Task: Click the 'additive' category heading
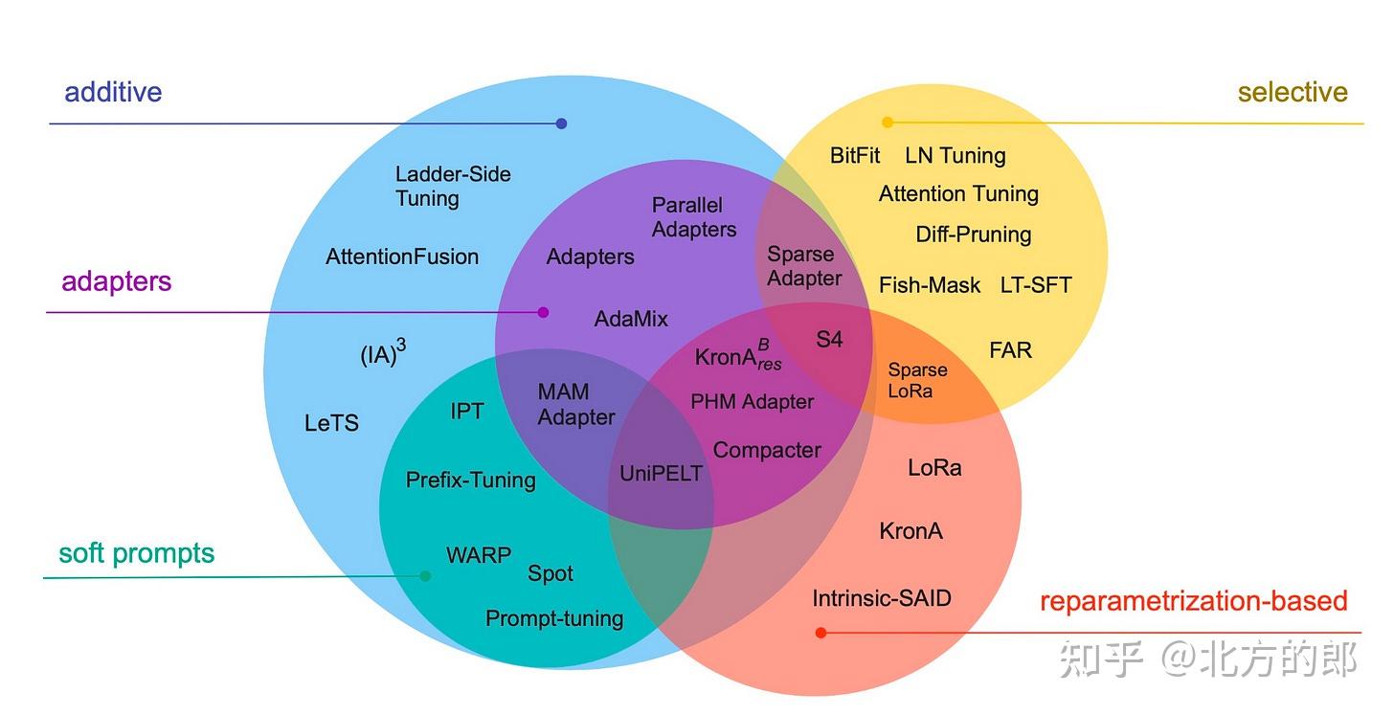[113, 92]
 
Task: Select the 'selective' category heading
[1292, 92]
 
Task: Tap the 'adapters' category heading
[117, 281]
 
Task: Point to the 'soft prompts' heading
[136, 553]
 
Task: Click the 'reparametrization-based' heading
[1193, 601]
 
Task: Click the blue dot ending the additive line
[562, 123]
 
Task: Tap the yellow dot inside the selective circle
[888, 123]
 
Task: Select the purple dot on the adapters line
[544, 312]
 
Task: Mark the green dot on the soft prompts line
[425, 576]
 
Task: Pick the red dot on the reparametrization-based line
[821, 633]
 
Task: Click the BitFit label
[855, 155]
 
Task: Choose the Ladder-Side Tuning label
[453, 187]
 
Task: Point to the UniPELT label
[661, 473]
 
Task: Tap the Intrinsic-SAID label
[882, 599]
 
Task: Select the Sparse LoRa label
[917, 380]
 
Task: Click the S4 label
[829, 339]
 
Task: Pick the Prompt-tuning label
[554, 618]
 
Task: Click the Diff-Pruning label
[973, 235]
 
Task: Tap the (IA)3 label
[383, 354]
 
